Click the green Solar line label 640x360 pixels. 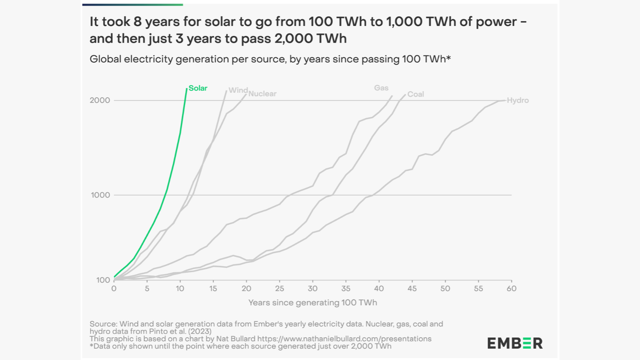[x=198, y=88]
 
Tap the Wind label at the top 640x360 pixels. [x=238, y=90]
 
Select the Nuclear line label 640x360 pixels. [x=262, y=94]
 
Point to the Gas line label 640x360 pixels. [x=381, y=88]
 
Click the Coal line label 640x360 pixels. [x=415, y=94]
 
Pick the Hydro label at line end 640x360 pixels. [x=518, y=100]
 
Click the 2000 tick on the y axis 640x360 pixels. [x=100, y=100]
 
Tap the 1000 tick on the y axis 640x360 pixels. [x=100, y=195]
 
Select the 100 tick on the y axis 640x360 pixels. [x=103, y=280]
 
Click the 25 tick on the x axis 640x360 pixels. [x=279, y=289]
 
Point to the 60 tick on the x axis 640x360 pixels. [x=511, y=289]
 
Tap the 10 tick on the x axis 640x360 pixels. [x=180, y=289]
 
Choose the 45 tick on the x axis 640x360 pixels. [x=412, y=289]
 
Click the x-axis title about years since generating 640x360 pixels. [x=312, y=303]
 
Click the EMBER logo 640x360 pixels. [x=515, y=343]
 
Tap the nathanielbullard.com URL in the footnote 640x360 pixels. [x=344, y=339]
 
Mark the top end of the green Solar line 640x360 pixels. [x=186, y=89]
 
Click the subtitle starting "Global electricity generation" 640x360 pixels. [x=270, y=59]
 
